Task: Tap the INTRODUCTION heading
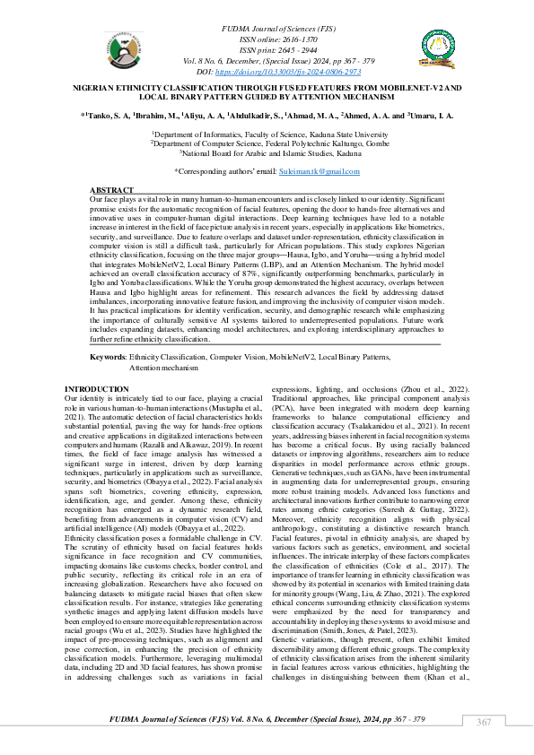tap(97, 388)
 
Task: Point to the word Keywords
tap(109, 357)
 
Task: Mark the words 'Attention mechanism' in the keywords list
tap(163, 368)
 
